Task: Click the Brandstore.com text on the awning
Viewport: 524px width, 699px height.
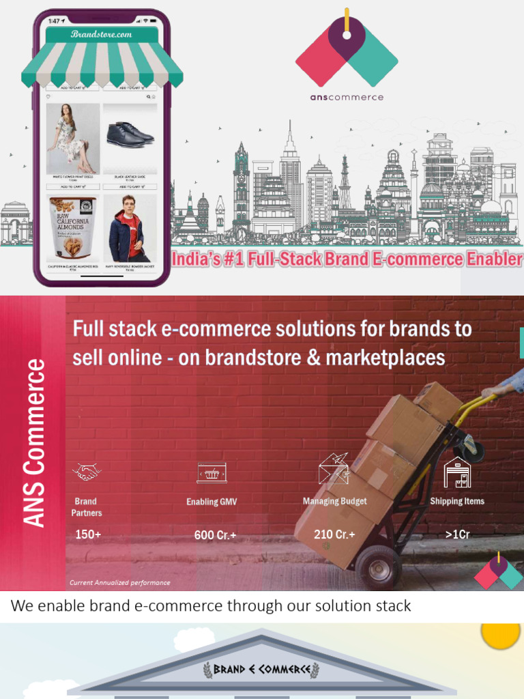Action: point(101,34)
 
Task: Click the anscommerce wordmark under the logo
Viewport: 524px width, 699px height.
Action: point(347,97)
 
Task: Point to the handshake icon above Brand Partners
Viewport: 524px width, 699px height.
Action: point(87,472)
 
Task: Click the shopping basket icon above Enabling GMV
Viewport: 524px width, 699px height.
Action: point(212,472)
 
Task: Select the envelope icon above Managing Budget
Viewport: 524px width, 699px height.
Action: point(334,470)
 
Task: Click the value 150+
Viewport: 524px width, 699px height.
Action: point(88,534)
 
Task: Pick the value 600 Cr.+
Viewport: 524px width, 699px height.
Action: point(215,535)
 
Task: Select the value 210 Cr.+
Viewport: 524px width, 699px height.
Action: point(334,534)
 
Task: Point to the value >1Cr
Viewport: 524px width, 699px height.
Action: point(457,534)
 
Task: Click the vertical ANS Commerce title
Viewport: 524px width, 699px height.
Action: point(35,444)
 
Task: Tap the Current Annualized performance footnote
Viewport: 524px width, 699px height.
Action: point(119,582)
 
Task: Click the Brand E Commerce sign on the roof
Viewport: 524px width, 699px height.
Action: point(262,669)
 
